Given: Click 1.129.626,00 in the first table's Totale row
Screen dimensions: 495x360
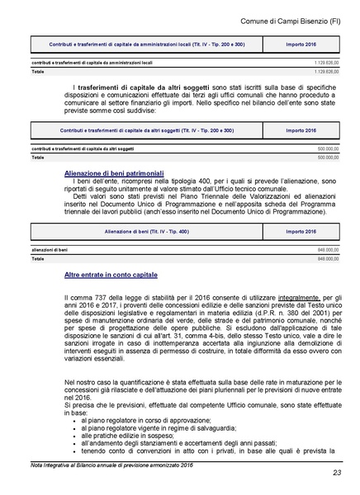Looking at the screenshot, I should tap(322, 71).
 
